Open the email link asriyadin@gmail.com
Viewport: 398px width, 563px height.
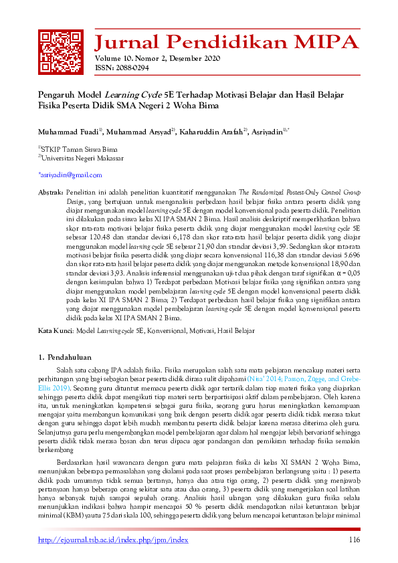tap(70, 175)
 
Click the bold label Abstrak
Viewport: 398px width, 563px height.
tap(52, 191)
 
